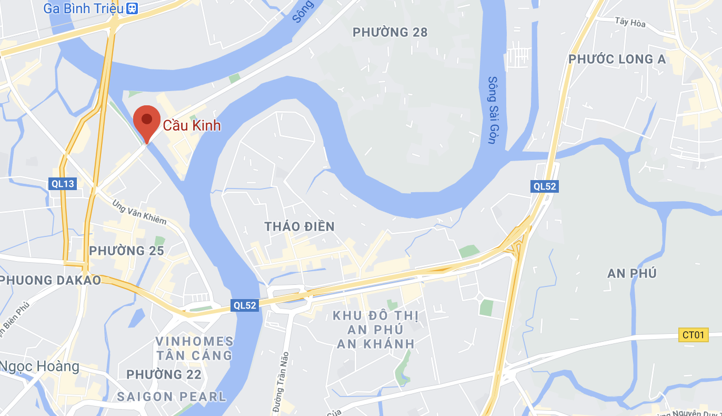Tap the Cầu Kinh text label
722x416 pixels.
[x=192, y=126]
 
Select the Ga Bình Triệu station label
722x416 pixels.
[x=83, y=8]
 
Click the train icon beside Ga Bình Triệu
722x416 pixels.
[x=132, y=8]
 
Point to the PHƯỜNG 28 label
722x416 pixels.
[x=390, y=33]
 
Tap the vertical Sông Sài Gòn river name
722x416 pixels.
[x=493, y=111]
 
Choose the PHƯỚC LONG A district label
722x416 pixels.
[x=617, y=60]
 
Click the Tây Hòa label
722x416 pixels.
[x=630, y=23]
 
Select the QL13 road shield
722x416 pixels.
[x=63, y=183]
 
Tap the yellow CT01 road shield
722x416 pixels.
[x=694, y=335]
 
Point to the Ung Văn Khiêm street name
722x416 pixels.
[x=139, y=212]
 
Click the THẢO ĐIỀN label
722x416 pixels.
[x=299, y=227]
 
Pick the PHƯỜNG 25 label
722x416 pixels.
[x=126, y=251]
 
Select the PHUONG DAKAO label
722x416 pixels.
[x=51, y=280]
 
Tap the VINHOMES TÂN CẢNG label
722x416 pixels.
[x=194, y=349]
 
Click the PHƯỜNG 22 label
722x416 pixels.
[x=164, y=375]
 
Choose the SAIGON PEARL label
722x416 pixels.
[x=172, y=397]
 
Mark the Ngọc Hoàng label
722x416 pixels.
[x=39, y=367]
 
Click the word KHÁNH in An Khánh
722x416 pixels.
[x=388, y=344]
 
